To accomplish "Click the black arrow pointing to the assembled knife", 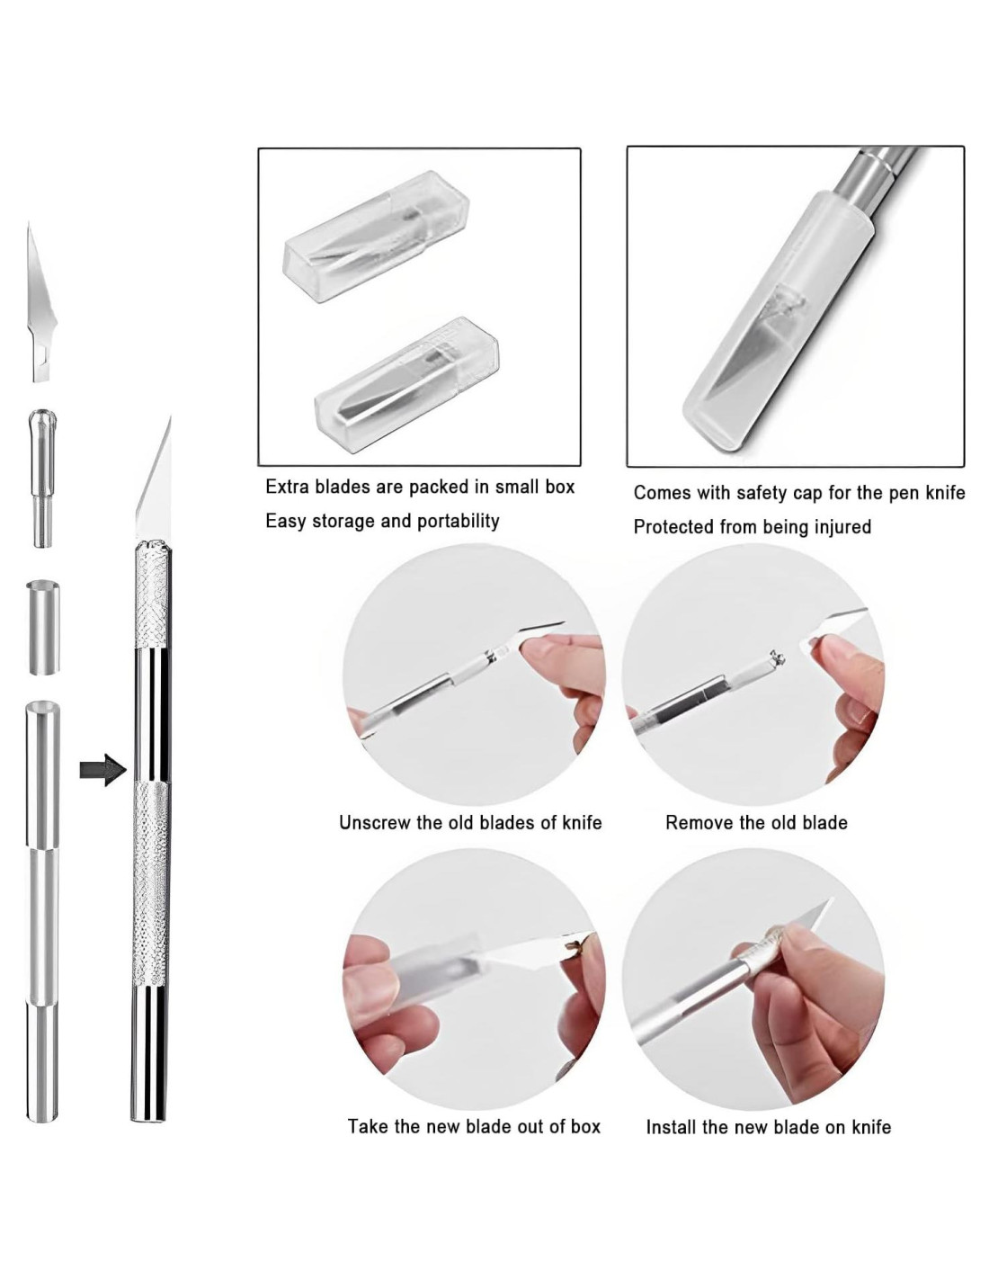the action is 103,769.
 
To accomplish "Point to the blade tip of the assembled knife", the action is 170,416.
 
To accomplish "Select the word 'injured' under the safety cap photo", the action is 842,526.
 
